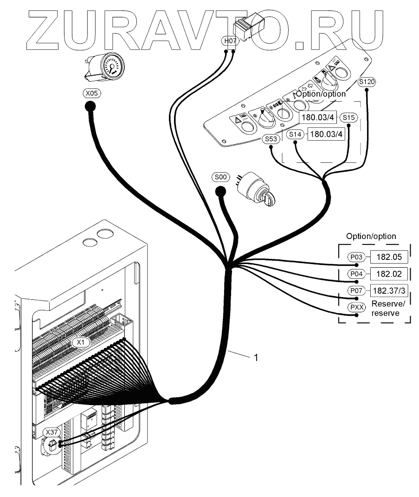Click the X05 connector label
(92, 93)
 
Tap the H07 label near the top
(230, 41)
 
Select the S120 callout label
(367, 82)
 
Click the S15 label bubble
(348, 117)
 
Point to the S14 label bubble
(295, 135)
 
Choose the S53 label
(271, 139)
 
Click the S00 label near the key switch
(220, 177)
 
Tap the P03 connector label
(356, 257)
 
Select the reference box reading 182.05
(389, 257)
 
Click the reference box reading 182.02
(389, 274)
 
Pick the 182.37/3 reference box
(389, 290)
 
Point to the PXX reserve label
(356, 307)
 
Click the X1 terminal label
(81, 342)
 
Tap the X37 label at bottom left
(52, 432)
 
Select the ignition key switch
(256, 189)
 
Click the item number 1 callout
(256, 357)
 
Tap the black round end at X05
(90, 107)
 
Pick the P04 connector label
(356, 273)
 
